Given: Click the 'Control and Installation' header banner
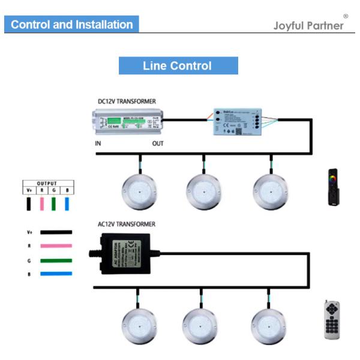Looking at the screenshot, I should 71,25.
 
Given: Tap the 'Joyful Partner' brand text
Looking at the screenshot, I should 309,26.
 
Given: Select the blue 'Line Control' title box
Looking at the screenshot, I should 178,66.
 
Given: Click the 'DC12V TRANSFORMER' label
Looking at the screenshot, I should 127,101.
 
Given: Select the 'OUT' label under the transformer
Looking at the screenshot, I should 158,145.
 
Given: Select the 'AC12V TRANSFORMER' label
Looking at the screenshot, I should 127,224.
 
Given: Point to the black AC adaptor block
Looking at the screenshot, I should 125,253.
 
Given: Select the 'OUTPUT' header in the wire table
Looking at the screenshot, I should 46,184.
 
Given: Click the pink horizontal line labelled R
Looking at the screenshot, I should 56,245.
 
